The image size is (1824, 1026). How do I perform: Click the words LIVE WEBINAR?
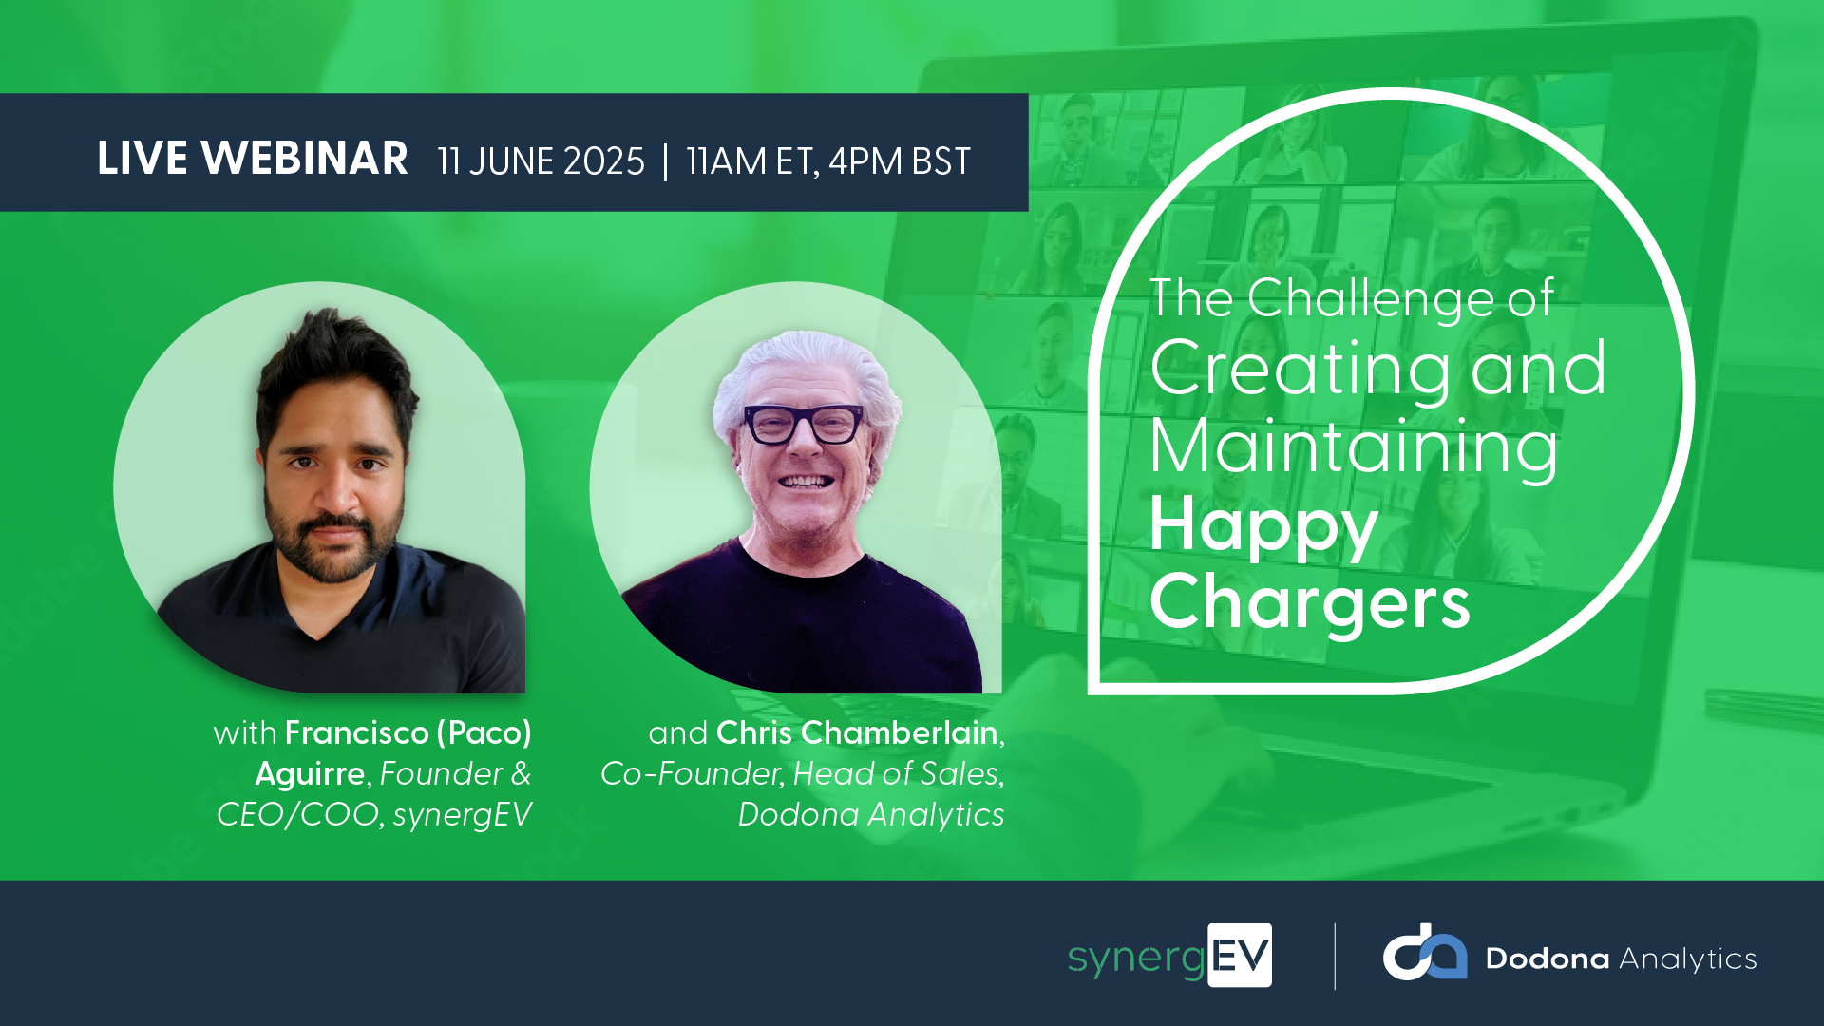(x=253, y=159)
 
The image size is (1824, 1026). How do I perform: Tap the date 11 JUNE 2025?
(x=541, y=161)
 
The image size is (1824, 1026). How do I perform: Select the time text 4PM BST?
(x=900, y=161)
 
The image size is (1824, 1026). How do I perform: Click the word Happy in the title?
(x=1263, y=527)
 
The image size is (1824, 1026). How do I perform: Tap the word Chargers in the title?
(x=1310, y=602)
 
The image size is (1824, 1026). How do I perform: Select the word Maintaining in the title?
(x=1354, y=447)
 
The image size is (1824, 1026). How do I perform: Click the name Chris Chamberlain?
(x=857, y=733)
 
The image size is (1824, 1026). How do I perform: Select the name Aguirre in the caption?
(x=310, y=774)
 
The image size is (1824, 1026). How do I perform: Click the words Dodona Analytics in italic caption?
(x=871, y=815)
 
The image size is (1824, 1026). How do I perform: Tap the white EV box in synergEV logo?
(x=1240, y=956)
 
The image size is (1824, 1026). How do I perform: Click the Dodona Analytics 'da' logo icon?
(x=1424, y=952)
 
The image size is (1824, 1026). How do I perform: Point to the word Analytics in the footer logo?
(x=1688, y=959)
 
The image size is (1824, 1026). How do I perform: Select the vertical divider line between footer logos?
(x=1335, y=957)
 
